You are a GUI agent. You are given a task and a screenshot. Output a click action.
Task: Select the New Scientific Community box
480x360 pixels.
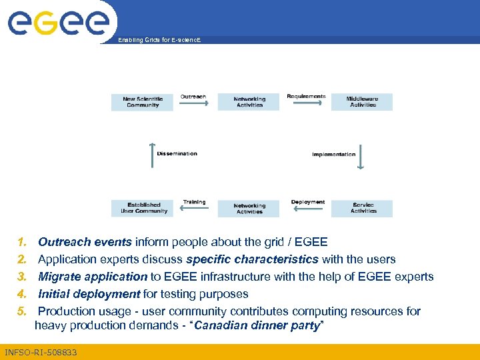pyautogui.click(x=141, y=102)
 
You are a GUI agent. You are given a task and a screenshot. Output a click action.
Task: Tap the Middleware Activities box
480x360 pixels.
pyautogui.click(x=362, y=102)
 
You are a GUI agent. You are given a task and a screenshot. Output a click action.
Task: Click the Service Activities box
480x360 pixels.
pyautogui.click(x=362, y=208)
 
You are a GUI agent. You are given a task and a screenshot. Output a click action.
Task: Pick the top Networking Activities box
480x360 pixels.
pyautogui.click(x=249, y=102)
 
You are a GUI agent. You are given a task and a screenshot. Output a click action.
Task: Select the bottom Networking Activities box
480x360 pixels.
pyautogui.click(x=249, y=209)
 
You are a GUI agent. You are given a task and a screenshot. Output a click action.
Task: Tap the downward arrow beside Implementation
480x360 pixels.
pyautogui.click(x=360, y=156)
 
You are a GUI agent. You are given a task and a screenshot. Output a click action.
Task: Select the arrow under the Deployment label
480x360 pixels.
pyautogui.click(x=306, y=209)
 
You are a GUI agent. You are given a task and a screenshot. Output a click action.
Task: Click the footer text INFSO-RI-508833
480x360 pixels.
pyautogui.click(x=41, y=352)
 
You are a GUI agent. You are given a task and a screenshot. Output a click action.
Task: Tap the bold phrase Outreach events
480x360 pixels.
pyautogui.click(x=86, y=242)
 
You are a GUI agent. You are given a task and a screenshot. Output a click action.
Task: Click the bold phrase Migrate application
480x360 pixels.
pyautogui.click(x=93, y=277)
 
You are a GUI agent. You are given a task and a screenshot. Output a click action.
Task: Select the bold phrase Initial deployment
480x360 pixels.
pyautogui.click(x=89, y=294)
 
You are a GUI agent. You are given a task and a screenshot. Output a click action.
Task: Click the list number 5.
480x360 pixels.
pyautogui.click(x=21, y=311)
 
